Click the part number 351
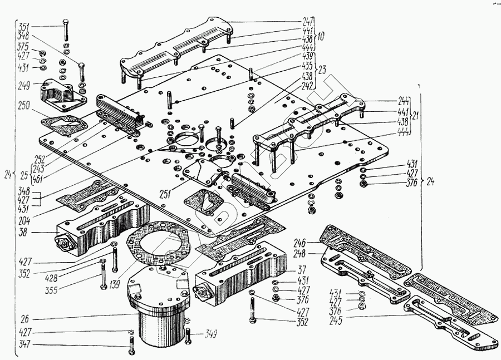25,26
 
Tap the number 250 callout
23,106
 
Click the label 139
115,285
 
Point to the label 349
209,334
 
